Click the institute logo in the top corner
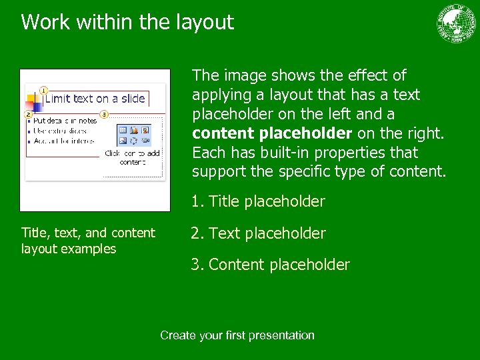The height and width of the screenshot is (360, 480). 457,23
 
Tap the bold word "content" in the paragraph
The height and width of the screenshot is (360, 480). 221,133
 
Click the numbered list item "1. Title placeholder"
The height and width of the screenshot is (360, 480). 258,201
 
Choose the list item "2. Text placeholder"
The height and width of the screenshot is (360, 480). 258,233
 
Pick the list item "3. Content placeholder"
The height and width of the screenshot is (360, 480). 270,265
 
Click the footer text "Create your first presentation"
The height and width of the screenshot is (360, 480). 237,335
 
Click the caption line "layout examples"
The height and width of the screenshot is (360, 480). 69,249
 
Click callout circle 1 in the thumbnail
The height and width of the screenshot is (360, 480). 43,90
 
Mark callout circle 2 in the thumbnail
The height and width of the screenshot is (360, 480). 29,115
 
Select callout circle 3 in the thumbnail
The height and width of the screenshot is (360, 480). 104,115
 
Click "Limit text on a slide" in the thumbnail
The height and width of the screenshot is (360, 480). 95,99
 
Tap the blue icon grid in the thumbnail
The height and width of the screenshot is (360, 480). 133,135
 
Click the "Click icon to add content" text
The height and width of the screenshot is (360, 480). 133,157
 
